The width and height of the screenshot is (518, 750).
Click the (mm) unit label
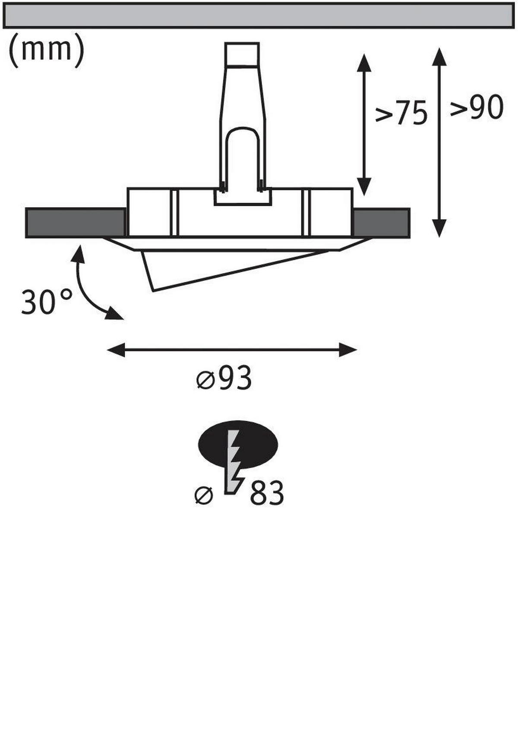point(46,50)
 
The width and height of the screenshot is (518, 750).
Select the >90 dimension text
point(477,107)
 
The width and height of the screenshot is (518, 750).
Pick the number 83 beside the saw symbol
point(267,493)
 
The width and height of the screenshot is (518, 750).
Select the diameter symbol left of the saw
point(204,495)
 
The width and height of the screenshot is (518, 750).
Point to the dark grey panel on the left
point(76,223)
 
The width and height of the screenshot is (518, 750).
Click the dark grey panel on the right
point(381,223)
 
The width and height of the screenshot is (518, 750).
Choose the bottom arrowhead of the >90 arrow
point(439,228)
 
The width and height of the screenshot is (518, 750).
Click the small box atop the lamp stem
point(242,54)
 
